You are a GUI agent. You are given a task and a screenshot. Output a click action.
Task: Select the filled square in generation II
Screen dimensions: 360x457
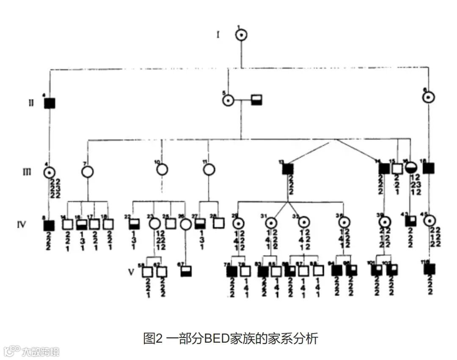click(x=50, y=103)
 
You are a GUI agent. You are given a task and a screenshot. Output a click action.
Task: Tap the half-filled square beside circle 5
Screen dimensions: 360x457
click(x=256, y=100)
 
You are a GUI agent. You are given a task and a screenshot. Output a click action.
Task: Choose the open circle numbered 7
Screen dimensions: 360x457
click(x=88, y=171)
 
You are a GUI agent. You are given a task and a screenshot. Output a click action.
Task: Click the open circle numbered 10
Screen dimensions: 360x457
click(x=162, y=170)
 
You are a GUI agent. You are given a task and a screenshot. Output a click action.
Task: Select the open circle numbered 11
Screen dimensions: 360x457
click(x=208, y=170)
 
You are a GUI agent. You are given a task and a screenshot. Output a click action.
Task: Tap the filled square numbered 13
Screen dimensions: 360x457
click(x=288, y=169)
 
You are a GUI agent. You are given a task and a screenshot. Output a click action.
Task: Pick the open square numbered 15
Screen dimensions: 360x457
click(x=396, y=168)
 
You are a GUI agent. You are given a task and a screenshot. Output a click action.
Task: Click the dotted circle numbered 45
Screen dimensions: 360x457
click(x=429, y=220)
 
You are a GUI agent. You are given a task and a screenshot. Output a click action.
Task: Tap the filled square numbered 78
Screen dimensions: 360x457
click(x=232, y=271)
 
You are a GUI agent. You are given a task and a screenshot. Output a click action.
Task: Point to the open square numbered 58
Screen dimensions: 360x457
click(x=147, y=272)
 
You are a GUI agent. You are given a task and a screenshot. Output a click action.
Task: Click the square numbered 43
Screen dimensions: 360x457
click(x=410, y=220)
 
